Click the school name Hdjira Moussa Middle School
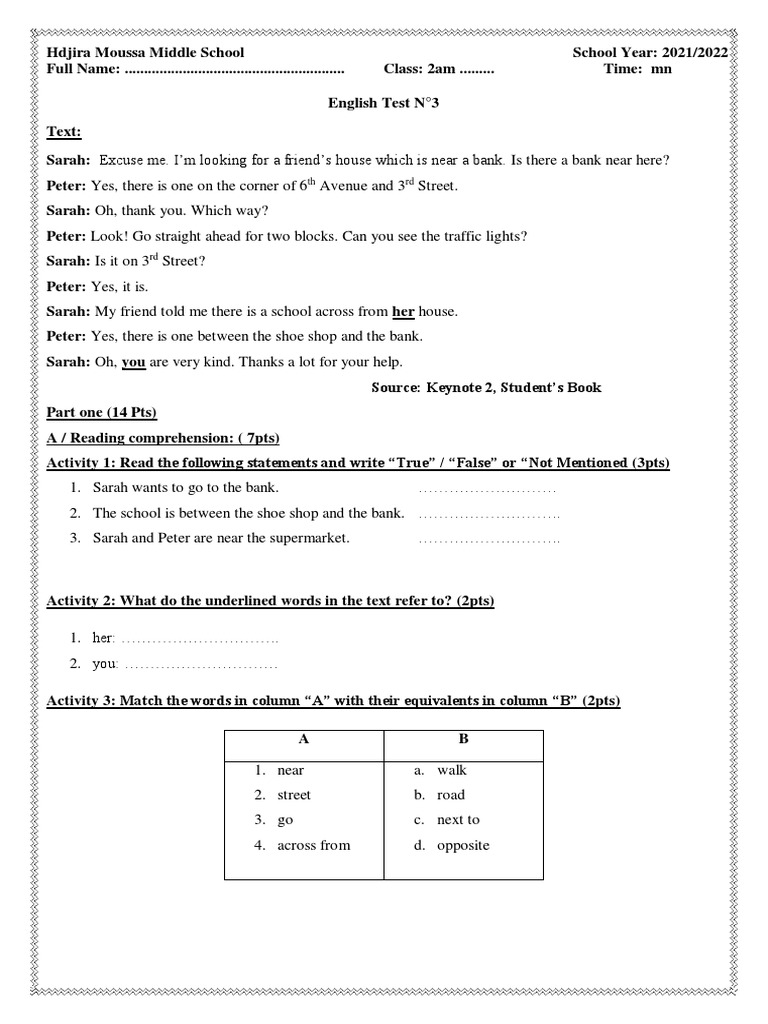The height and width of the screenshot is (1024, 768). coord(145,52)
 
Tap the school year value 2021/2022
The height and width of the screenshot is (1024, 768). coord(695,52)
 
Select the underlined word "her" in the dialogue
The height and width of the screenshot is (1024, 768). coord(403,311)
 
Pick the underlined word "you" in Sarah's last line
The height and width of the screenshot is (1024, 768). coord(134,362)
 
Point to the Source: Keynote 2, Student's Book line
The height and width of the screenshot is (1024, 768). coord(486,387)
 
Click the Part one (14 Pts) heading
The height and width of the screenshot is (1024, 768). coord(102,412)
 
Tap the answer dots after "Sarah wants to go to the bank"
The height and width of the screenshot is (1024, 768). coord(486,489)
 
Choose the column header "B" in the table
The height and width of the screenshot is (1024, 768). coord(464,740)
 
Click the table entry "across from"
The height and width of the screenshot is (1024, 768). coord(314,845)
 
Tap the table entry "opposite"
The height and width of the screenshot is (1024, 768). coord(463,845)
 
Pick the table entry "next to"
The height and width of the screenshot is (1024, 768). coord(458,820)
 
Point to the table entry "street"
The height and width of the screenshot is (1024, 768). coord(294,795)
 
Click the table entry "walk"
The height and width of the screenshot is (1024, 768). coord(452,770)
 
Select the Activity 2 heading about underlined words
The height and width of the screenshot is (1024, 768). coord(271,601)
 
